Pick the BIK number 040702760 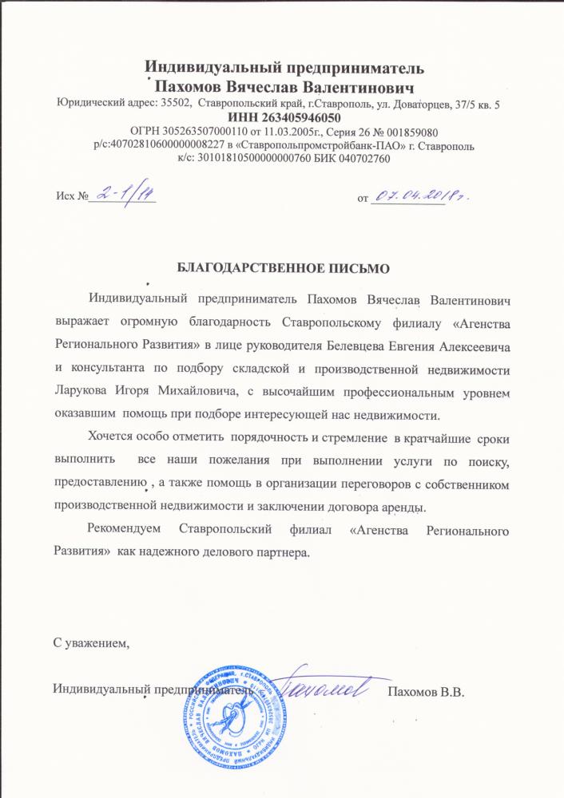[x=363, y=158]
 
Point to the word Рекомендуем [x=125, y=530]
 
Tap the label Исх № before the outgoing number [x=70, y=196]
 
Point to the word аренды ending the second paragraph [x=407, y=507]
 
